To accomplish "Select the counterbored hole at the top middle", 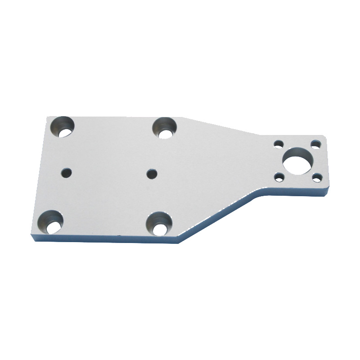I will (x=165, y=127).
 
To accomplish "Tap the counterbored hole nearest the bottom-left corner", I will (x=50, y=222).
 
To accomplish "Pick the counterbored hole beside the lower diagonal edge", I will (x=159, y=224).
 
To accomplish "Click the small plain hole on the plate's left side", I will (x=67, y=172).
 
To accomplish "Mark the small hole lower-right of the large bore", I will (x=318, y=176).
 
